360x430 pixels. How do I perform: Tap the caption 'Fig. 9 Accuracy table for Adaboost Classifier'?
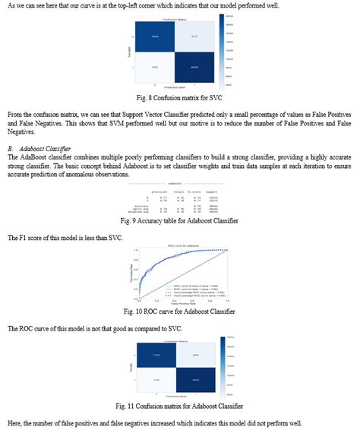tap(179, 220)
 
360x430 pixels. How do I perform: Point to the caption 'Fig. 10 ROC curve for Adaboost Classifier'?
tap(179, 311)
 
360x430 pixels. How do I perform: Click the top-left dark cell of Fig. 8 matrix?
tap(155, 36)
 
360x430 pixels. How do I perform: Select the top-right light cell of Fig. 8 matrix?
tap(194, 36)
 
